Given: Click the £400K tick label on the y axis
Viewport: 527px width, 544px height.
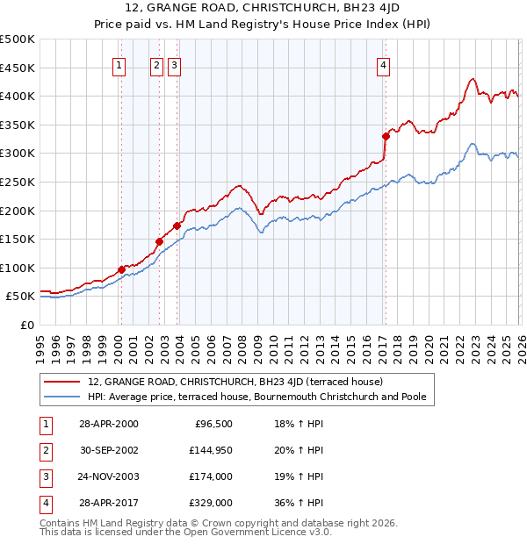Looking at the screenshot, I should pyautogui.click(x=17, y=96).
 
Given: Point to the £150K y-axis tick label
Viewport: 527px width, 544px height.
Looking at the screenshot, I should pyautogui.click(x=17, y=239).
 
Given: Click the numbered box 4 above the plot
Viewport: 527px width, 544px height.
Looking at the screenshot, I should pyautogui.click(x=385, y=64).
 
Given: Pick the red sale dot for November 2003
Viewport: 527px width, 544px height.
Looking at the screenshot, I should pyautogui.click(x=177, y=225).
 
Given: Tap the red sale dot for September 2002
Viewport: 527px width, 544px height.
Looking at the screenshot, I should pyautogui.click(x=160, y=241).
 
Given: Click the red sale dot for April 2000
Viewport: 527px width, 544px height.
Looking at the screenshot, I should pyautogui.click(x=121, y=269).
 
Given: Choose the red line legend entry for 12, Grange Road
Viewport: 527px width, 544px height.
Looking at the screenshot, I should pyautogui.click(x=235, y=382).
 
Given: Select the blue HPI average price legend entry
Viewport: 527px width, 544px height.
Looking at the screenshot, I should pyautogui.click(x=256, y=397).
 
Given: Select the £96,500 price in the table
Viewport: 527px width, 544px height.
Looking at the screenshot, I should pyautogui.click(x=213, y=424).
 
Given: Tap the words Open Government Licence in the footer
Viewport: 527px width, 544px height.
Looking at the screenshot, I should pyautogui.click(x=256, y=532).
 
